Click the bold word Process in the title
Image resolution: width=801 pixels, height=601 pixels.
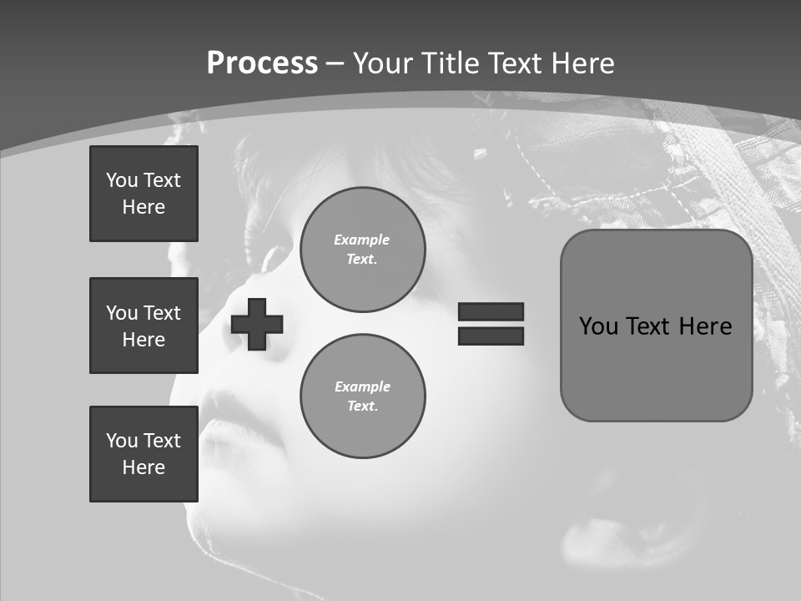point(262,63)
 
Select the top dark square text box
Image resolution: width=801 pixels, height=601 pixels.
point(144,194)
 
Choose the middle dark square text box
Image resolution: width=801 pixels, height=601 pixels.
point(144,326)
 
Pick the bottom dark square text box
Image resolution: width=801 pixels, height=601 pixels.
point(144,454)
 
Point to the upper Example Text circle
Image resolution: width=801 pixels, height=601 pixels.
point(362,250)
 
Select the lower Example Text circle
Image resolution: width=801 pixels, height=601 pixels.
point(362,396)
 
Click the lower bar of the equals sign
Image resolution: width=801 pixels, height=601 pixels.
point(491,336)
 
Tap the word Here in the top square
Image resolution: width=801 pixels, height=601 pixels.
point(144,207)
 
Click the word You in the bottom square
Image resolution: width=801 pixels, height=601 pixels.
point(122,441)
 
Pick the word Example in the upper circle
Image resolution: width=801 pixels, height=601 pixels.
point(362,240)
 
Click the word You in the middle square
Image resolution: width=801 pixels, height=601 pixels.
point(122,313)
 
